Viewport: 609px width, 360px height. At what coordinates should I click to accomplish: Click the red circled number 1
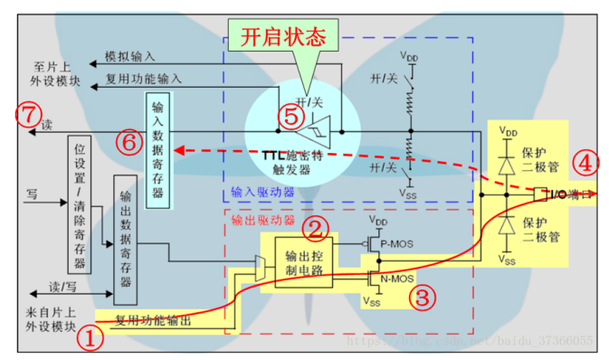tap(88, 340)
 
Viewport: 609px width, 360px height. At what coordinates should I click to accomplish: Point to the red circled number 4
tap(585, 164)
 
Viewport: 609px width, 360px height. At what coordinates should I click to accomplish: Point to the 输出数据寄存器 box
tap(125, 240)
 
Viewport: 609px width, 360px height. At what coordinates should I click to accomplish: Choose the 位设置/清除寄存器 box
tap(80, 205)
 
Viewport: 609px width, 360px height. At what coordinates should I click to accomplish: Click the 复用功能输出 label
tap(153, 319)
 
